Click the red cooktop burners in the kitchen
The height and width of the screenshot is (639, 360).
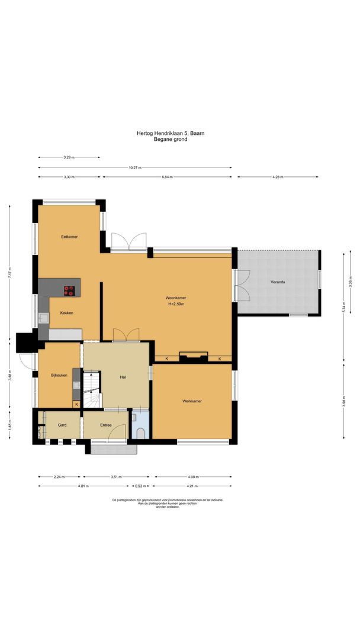coord(70,290)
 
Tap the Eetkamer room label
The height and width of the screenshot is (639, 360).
coord(69,237)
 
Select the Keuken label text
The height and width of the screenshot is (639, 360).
coord(66,313)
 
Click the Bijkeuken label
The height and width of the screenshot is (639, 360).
coord(59,375)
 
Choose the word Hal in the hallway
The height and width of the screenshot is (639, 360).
coord(123,376)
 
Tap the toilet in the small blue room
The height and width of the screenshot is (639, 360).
coord(140,433)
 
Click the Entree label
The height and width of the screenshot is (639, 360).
coord(106,425)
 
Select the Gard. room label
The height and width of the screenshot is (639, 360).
coord(62,425)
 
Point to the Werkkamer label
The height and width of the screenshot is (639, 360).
coord(192,401)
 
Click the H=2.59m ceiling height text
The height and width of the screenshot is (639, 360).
coord(176,304)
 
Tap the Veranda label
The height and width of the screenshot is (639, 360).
coord(278,282)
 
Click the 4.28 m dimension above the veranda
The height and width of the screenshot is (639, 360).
coord(278,177)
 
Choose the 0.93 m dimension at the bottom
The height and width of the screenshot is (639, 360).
coord(140,486)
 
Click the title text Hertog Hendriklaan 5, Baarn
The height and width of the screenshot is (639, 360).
coord(171,134)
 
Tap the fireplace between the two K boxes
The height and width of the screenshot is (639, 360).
coord(194,356)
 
